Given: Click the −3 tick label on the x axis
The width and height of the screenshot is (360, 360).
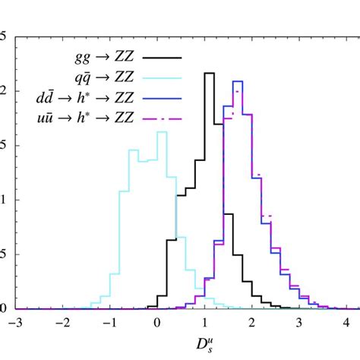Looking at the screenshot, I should (13, 322).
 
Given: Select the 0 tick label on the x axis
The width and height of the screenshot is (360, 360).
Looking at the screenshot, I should (157, 322).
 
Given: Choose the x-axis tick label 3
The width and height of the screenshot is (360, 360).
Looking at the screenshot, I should (301, 322).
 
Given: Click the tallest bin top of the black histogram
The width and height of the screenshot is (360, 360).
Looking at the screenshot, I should (209, 73).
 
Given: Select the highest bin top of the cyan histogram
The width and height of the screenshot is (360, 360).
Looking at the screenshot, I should (162, 132).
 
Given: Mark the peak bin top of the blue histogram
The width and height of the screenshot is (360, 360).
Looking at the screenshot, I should (237, 81).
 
